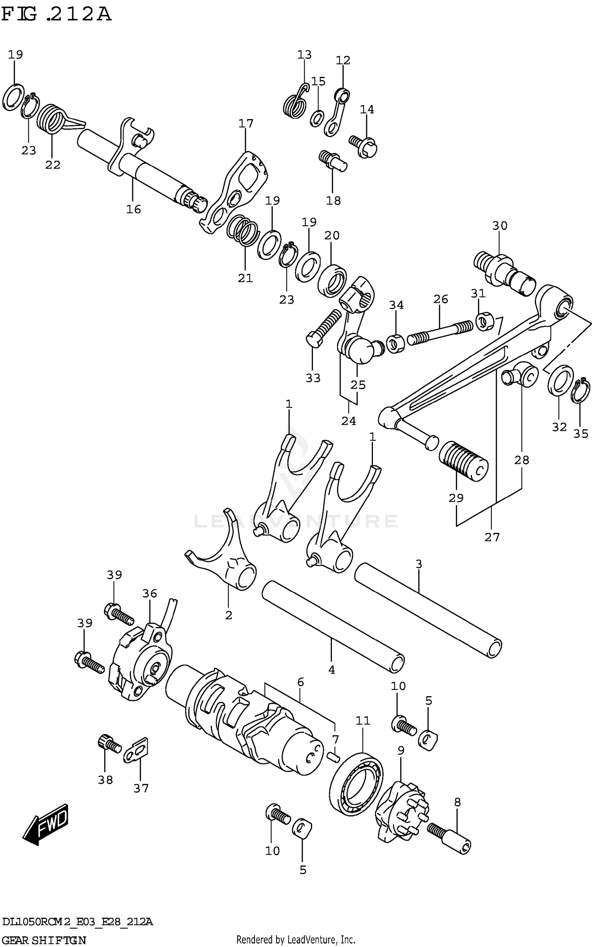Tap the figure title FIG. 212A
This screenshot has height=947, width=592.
(x=56, y=15)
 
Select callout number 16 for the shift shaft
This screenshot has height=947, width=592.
(x=133, y=209)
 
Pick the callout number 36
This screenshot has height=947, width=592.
(x=150, y=594)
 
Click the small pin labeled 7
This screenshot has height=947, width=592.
(x=333, y=756)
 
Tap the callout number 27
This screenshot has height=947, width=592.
(x=492, y=537)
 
